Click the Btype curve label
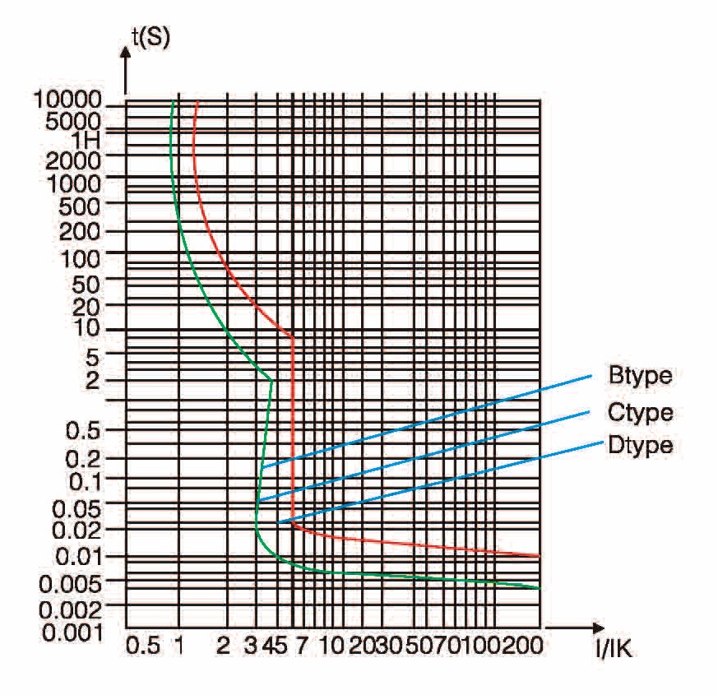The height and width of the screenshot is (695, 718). coord(641,377)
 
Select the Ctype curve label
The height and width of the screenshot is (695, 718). coord(641,412)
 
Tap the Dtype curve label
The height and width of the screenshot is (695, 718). coord(641,446)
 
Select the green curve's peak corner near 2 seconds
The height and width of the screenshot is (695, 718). coord(271,380)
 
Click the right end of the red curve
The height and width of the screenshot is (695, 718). coord(539,556)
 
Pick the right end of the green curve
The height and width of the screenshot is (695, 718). coord(539,588)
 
